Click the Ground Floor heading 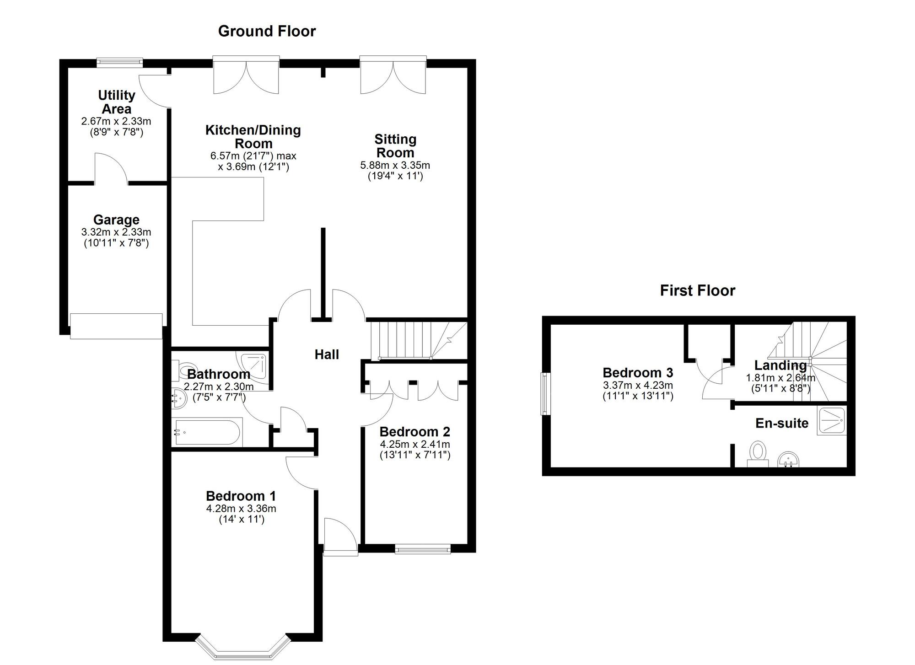click(267, 31)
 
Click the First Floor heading click(697, 290)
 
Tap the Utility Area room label click(117, 102)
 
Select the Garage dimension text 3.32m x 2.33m click(116, 232)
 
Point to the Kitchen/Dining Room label click(253, 136)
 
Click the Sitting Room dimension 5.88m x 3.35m click(395, 165)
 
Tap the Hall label click(327, 354)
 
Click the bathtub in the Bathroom click(208, 432)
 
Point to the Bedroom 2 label click(414, 432)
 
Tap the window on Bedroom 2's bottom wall click(423, 549)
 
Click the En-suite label click(781, 423)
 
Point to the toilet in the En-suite click(758, 452)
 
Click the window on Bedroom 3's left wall click(545, 394)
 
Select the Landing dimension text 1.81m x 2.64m click(780, 378)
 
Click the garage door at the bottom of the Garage click(116, 326)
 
